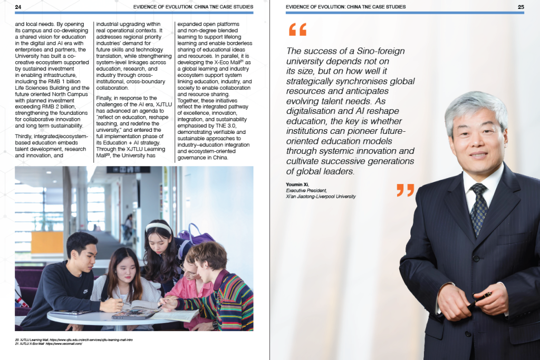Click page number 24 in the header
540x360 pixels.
[18, 7]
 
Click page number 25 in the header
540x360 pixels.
[520, 7]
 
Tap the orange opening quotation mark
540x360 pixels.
[297, 30]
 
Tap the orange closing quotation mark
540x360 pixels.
[405, 190]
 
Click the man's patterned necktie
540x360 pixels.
[479, 208]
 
